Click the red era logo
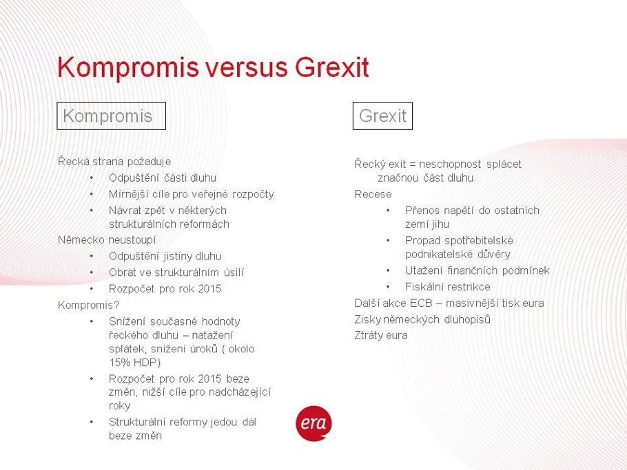point(314,423)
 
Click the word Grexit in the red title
point(332,67)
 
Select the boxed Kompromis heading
point(111,116)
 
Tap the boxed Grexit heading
point(382,116)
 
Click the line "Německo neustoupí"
point(107,240)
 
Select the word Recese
point(373,194)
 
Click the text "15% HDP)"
point(135,362)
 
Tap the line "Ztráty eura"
point(381,335)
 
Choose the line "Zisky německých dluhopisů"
point(422,319)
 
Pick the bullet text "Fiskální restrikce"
point(448,287)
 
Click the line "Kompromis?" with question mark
point(89,305)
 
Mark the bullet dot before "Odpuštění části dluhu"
point(92,178)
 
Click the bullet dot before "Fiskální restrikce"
point(388,287)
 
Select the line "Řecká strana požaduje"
point(114,161)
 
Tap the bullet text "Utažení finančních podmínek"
point(477,270)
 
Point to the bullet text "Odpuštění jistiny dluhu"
point(165,256)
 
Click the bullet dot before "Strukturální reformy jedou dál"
point(92,422)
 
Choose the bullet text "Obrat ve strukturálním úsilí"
point(176,273)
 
